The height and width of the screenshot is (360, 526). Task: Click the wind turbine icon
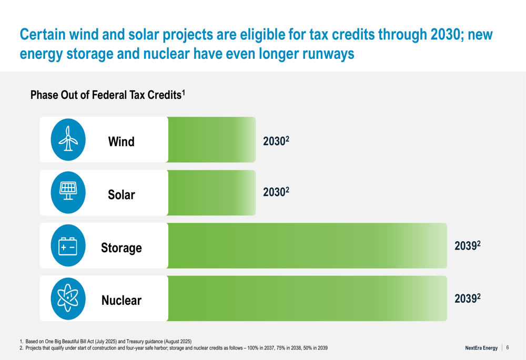point(68,139)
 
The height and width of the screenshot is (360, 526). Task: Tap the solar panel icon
point(68,192)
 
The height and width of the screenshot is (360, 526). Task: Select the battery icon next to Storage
point(68,245)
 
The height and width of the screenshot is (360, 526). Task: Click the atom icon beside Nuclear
point(68,299)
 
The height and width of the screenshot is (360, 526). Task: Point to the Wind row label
point(121,142)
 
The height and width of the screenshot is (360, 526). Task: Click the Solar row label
point(122,195)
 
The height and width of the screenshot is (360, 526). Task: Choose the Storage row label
point(122,248)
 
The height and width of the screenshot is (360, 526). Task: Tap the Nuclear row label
point(122,301)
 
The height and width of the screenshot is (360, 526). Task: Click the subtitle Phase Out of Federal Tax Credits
point(108,95)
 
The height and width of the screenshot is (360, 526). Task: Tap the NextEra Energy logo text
point(481,348)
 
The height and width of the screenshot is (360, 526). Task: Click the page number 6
point(508,347)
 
